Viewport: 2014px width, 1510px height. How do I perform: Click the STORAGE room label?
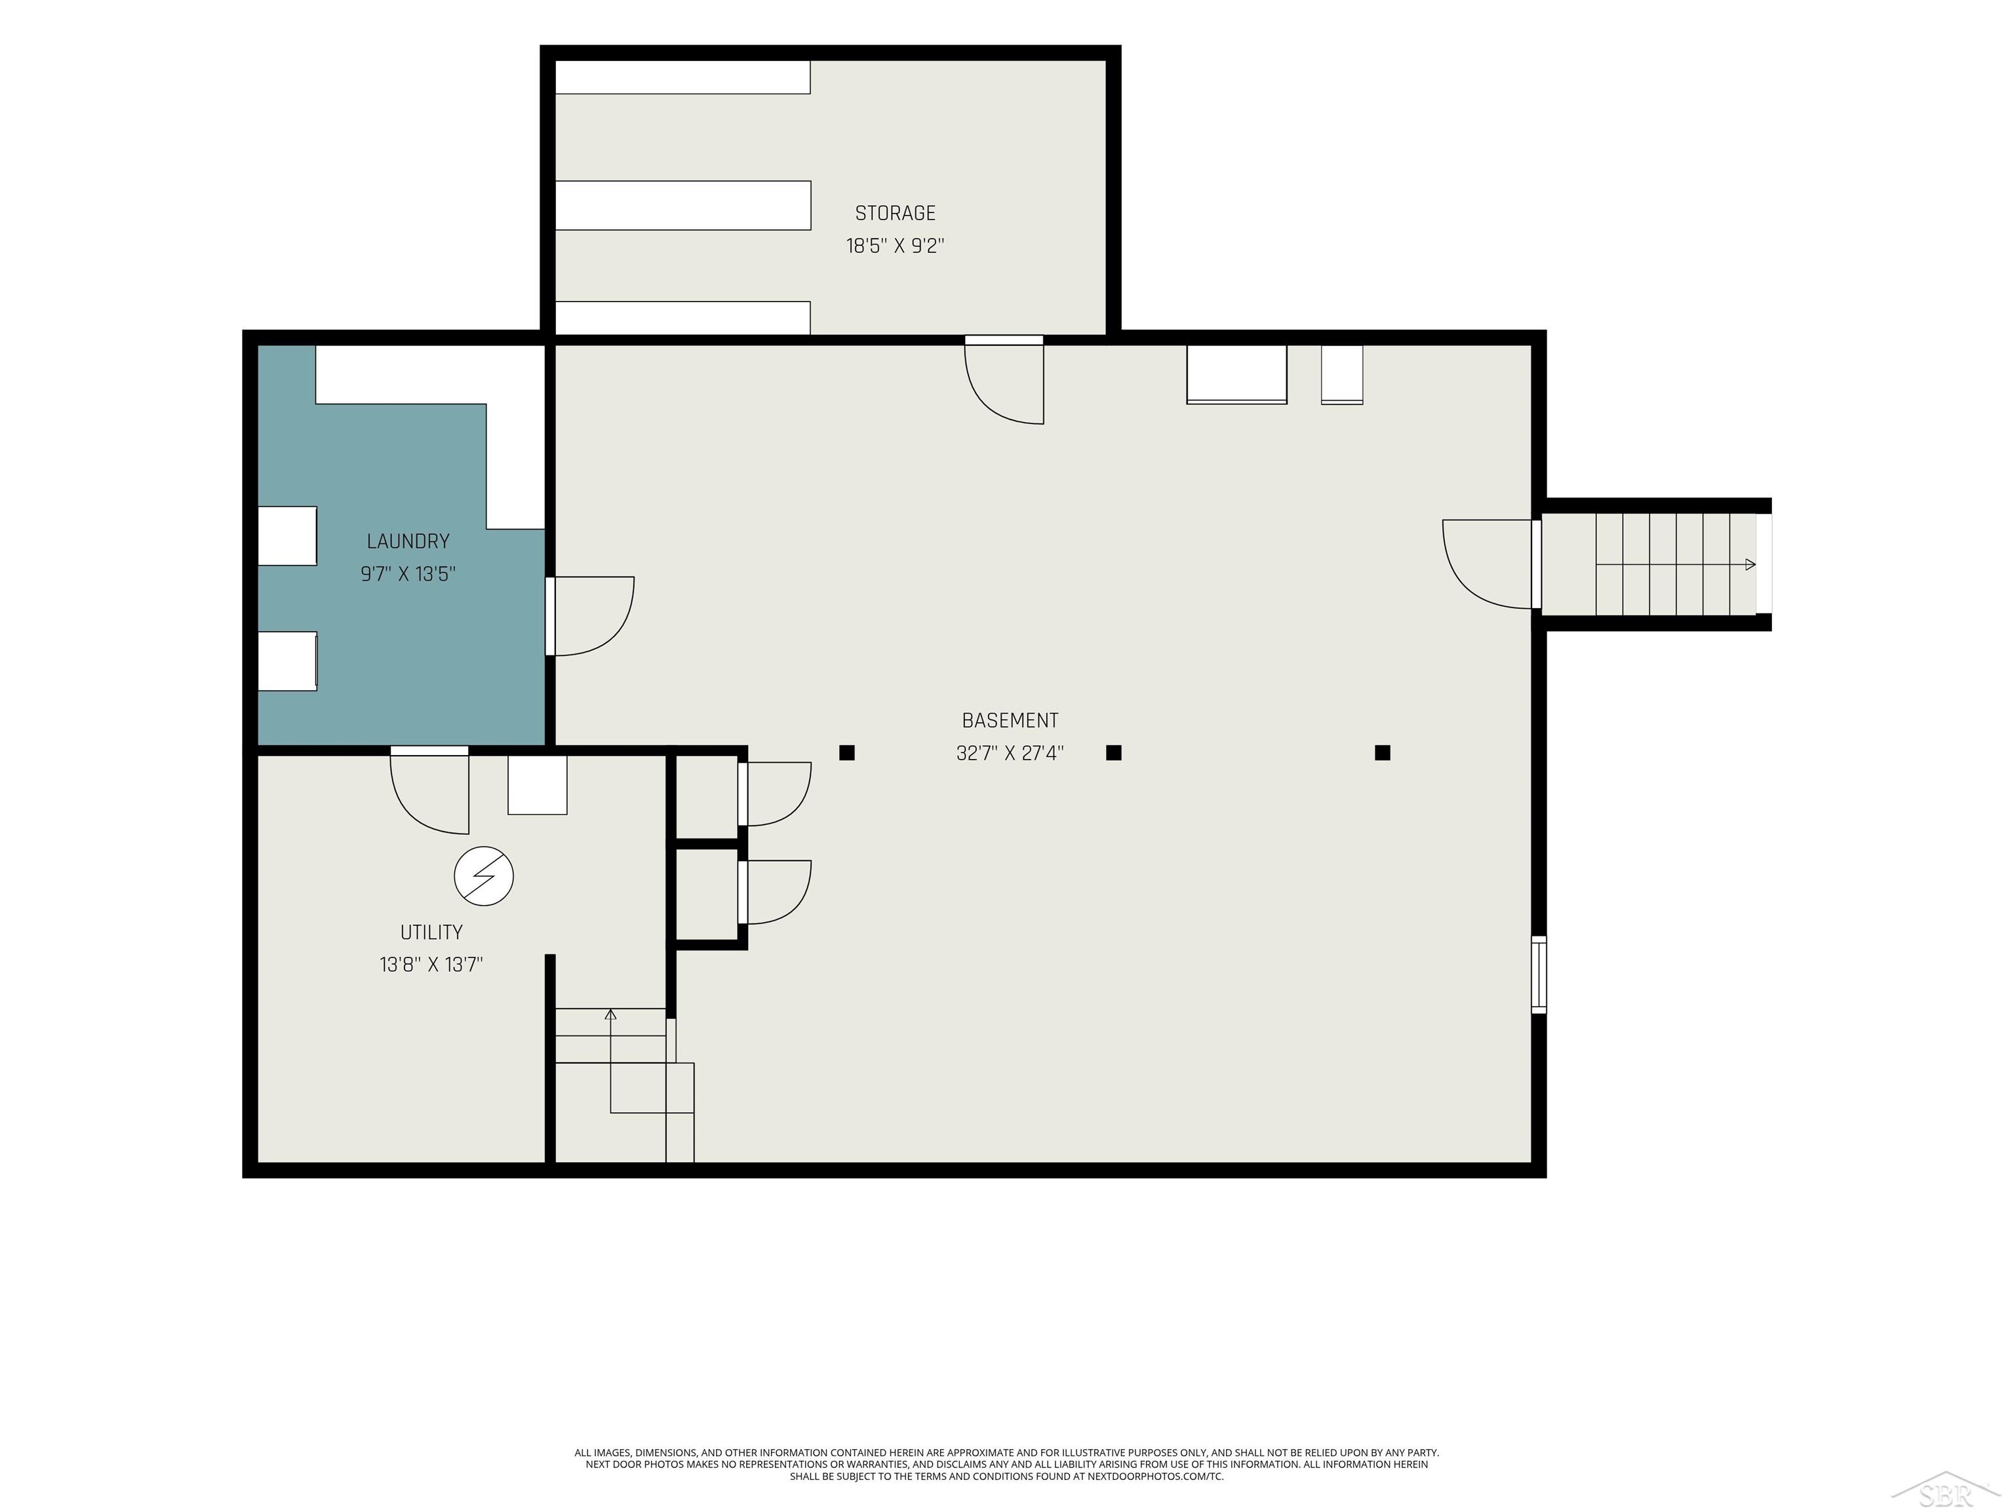tap(895, 213)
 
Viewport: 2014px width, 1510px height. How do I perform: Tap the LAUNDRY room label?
tap(408, 541)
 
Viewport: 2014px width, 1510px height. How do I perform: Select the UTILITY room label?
tap(431, 932)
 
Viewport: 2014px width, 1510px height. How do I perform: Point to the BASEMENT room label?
tap(1010, 721)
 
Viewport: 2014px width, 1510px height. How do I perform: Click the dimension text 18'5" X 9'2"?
tap(895, 246)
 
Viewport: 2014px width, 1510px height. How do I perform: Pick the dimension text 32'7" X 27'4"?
tap(1010, 754)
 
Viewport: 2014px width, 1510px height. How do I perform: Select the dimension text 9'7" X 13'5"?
tap(408, 574)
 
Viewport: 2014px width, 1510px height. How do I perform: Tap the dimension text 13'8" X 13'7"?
tap(431, 965)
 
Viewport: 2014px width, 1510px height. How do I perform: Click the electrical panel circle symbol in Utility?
tap(483, 876)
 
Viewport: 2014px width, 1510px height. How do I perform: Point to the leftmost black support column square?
tap(847, 753)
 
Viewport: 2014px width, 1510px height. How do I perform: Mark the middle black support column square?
tap(1113, 753)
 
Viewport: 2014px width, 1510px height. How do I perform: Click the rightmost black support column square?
tap(1382, 753)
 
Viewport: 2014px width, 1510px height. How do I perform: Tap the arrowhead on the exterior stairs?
tap(1750, 564)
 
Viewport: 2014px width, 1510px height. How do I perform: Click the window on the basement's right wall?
tap(1539, 974)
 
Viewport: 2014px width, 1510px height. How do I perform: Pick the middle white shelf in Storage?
tap(683, 206)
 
